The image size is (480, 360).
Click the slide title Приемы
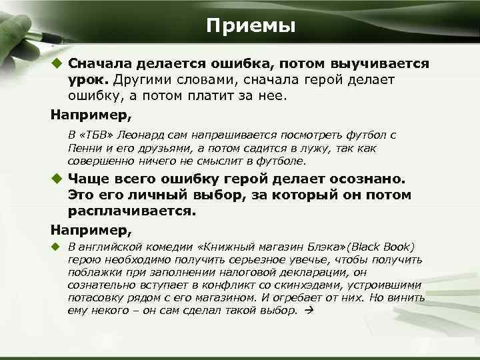click(250, 26)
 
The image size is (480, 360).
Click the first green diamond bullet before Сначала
click(57, 63)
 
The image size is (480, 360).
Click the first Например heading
click(86, 114)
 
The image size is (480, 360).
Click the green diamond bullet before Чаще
click(57, 179)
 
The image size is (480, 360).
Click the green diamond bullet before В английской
click(57, 247)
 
